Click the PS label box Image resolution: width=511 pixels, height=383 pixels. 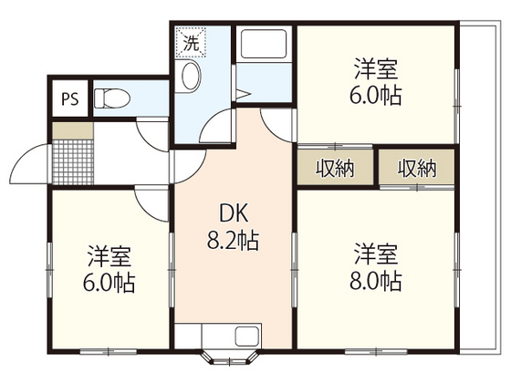69,99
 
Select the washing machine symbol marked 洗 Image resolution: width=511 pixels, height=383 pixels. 193,42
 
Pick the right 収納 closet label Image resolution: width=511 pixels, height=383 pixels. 416,168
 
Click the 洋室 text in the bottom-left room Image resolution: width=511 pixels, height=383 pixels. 109,252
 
